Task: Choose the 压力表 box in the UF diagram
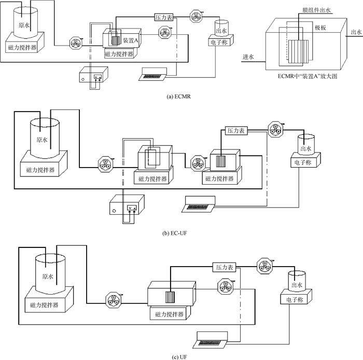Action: [225, 267]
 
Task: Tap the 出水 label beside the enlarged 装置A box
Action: [356, 32]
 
